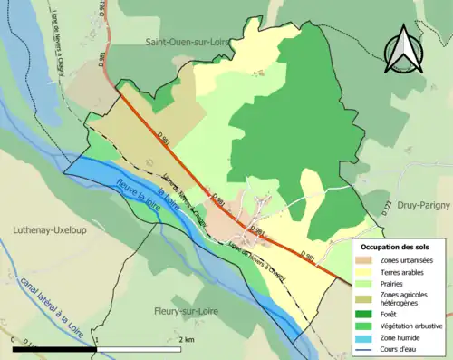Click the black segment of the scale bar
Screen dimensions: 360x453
point(54,349)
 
